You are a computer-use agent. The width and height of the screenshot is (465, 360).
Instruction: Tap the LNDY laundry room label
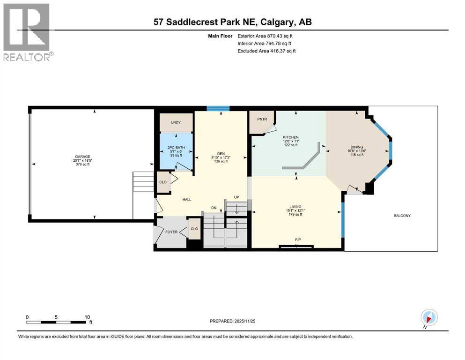(176, 123)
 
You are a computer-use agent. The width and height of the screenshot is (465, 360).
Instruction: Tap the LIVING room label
(295, 207)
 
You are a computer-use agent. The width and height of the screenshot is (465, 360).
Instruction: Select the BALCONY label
(401, 216)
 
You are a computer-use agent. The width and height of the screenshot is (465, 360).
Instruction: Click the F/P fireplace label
(297, 240)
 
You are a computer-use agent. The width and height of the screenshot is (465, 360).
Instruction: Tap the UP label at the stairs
(237, 197)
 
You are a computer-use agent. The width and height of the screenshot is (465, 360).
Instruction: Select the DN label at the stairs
(214, 208)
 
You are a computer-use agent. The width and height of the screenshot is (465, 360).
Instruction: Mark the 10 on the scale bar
(87, 317)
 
